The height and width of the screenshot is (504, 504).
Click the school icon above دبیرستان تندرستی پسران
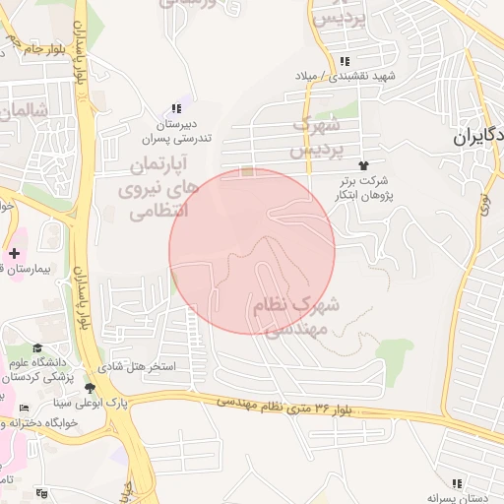(x=176, y=108)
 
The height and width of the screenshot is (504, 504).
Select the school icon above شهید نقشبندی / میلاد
(x=343, y=61)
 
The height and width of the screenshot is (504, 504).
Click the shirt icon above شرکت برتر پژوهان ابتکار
(x=364, y=165)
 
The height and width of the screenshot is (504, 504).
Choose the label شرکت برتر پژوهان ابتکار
(x=362, y=187)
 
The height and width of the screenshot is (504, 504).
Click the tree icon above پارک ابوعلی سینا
(x=91, y=388)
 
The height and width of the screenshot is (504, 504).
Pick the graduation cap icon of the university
(x=37, y=346)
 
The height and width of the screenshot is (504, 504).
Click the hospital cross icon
(x=14, y=253)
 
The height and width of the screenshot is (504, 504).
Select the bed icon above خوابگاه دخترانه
(x=25, y=408)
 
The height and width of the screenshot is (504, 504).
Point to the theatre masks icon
(x=40, y=493)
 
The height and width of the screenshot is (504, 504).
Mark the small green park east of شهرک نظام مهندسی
(x=396, y=348)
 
